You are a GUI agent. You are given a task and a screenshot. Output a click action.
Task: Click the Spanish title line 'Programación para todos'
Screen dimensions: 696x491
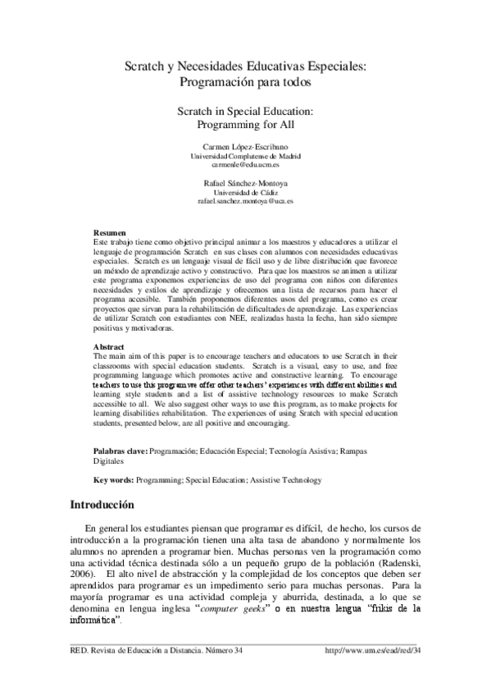point(245,83)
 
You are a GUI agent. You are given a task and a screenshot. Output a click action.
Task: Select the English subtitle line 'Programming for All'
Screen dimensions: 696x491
point(245,126)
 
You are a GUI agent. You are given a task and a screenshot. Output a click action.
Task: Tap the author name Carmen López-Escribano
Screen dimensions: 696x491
point(246,146)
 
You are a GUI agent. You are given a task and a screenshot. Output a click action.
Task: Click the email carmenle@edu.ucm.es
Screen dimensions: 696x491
point(246,164)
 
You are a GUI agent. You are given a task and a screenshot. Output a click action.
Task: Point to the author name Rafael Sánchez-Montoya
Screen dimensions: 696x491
point(246,183)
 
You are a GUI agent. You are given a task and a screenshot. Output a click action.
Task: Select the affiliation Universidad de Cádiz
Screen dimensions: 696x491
point(246,192)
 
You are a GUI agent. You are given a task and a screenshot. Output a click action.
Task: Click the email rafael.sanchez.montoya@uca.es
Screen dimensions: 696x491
point(246,201)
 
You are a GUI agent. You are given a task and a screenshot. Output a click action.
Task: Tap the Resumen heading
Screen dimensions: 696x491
point(110,233)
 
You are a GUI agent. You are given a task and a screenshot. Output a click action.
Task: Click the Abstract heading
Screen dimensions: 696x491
point(109,347)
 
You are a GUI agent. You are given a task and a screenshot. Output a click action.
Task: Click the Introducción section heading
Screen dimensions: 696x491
point(107,504)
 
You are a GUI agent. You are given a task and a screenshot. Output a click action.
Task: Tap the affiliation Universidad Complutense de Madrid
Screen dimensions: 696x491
point(246,155)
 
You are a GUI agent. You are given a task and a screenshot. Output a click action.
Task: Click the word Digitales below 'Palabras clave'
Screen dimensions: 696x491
point(111,461)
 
